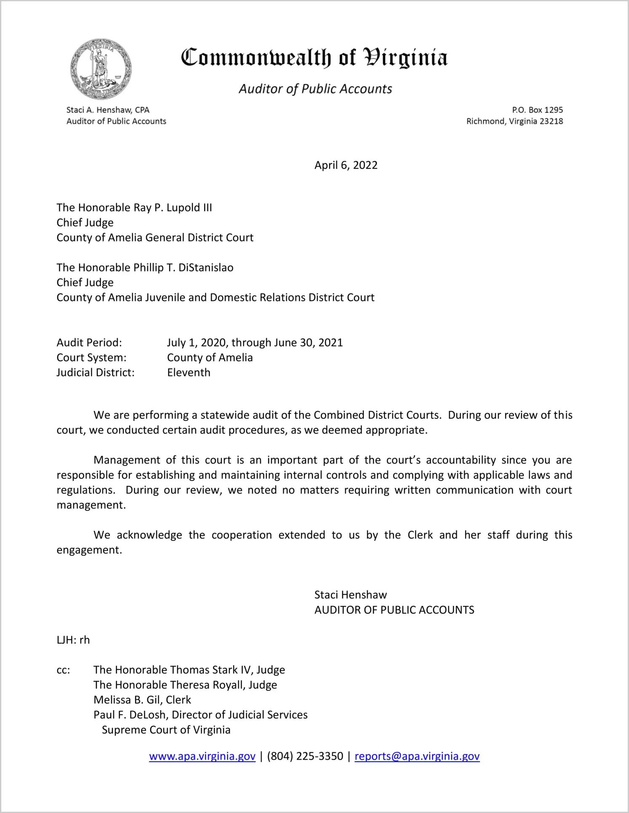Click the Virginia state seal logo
tap(101, 69)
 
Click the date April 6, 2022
tap(346, 165)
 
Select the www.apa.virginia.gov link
tap(202, 756)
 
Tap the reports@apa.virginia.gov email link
tap(417, 756)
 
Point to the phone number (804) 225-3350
tap(305, 756)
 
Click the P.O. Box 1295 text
tap(537, 110)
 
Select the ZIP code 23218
tap(551, 121)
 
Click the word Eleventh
tap(189, 373)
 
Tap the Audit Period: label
tap(89, 343)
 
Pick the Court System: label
tap(91, 358)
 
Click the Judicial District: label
tap(96, 373)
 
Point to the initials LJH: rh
tap(73, 640)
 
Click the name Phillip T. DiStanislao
tap(183, 268)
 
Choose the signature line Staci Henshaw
tap(350, 595)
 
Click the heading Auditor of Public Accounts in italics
tap(315, 89)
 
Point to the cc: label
tap(63, 670)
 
